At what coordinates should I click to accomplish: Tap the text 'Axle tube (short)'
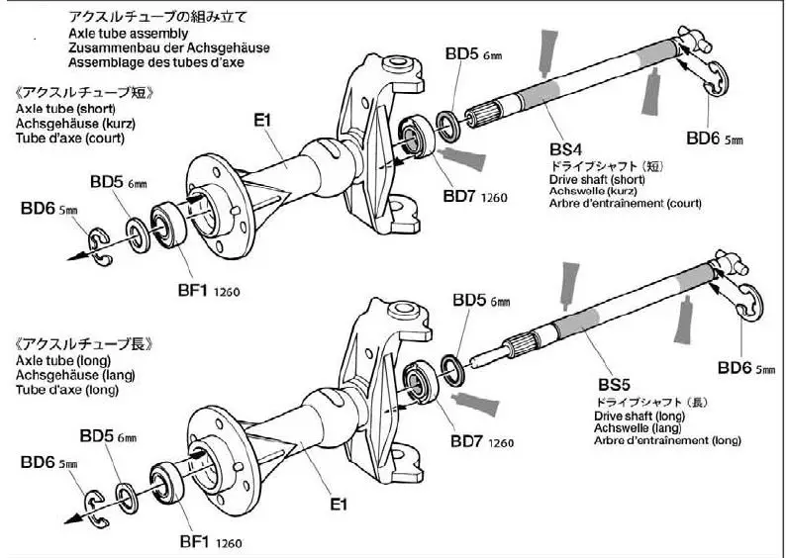[x=65, y=108]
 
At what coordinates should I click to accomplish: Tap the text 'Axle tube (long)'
[x=62, y=361]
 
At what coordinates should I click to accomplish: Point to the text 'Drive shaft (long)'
[x=639, y=416]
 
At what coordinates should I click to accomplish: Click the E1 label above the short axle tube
[x=262, y=120]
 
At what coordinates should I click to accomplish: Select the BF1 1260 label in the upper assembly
[x=211, y=291]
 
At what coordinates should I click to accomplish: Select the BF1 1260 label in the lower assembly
[x=211, y=541]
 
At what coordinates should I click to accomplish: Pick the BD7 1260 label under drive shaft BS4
[x=475, y=196]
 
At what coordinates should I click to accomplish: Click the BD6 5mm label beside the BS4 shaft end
[x=715, y=139]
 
